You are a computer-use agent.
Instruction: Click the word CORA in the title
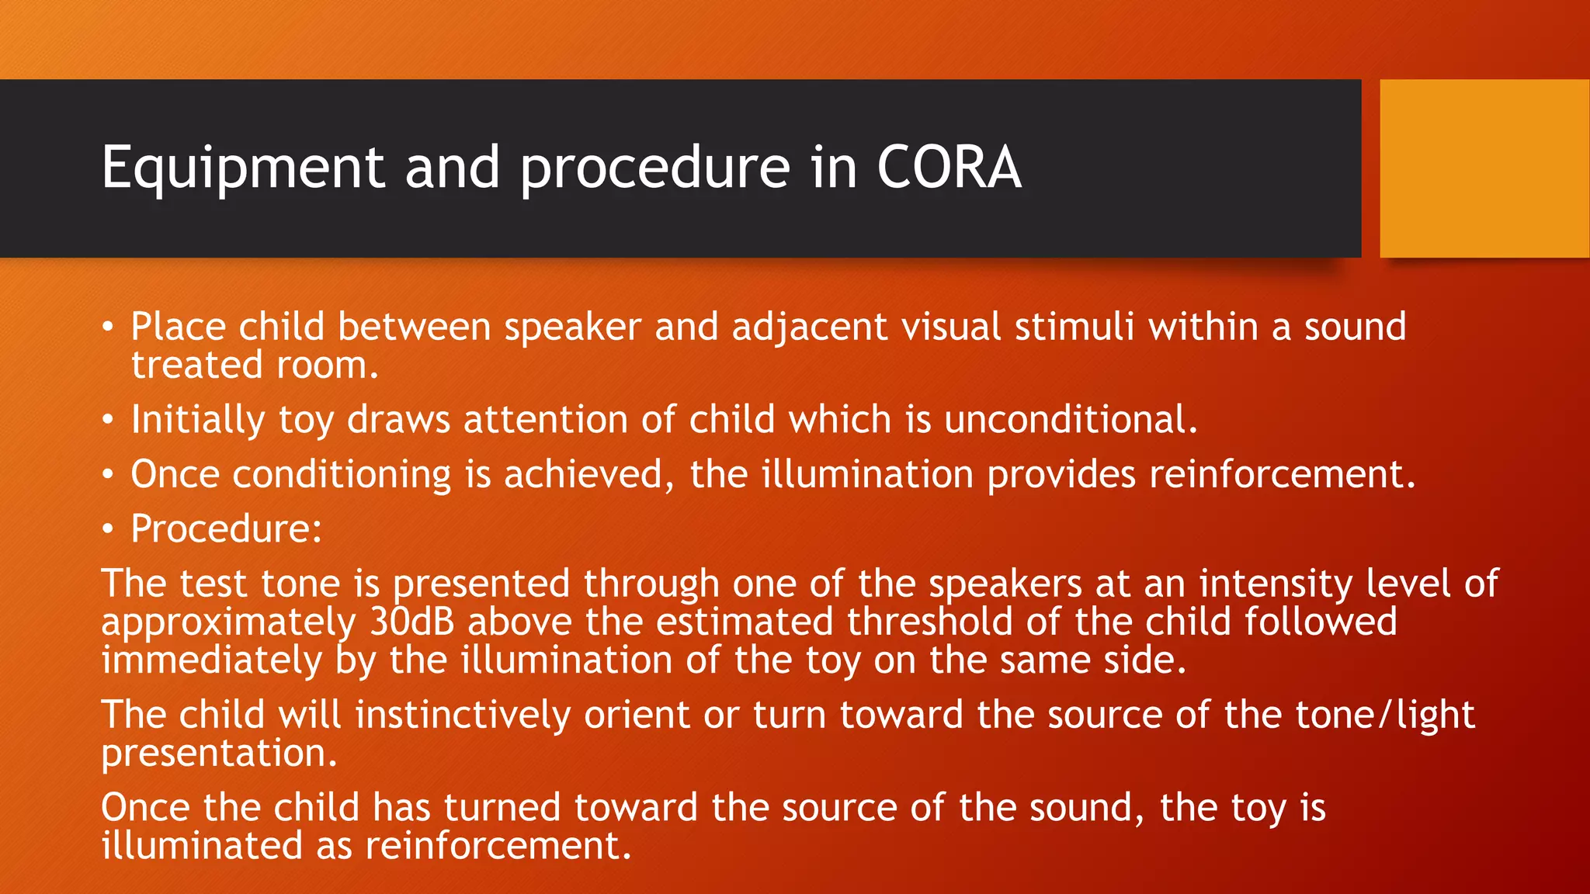pyautogui.click(x=949, y=167)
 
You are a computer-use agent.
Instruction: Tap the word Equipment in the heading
pyautogui.click(x=243, y=168)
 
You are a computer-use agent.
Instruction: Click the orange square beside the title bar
pyautogui.click(x=1484, y=168)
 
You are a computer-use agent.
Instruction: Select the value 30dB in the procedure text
pyautogui.click(x=411, y=622)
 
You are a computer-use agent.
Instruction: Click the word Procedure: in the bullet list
pyautogui.click(x=226, y=529)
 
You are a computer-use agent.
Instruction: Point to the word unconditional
pyautogui.click(x=1071, y=420)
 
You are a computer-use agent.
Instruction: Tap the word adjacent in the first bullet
pyautogui.click(x=809, y=327)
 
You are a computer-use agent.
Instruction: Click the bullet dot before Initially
pyautogui.click(x=108, y=420)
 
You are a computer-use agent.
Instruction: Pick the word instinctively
pyautogui.click(x=462, y=715)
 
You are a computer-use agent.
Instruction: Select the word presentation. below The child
pyautogui.click(x=219, y=753)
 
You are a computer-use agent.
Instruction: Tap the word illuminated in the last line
pyautogui.click(x=202, y=845)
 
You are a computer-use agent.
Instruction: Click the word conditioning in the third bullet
pyautogui.click(x=342, y=475)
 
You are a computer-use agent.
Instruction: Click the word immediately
pyautogui.click(x=211, y=660)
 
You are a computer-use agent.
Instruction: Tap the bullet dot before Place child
pyautogui.click(x=108, y=327)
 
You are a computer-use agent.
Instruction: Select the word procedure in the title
pyautogui.click(x=654, y=168)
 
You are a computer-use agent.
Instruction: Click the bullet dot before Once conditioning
pyautogui.click(x=108, y=474)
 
